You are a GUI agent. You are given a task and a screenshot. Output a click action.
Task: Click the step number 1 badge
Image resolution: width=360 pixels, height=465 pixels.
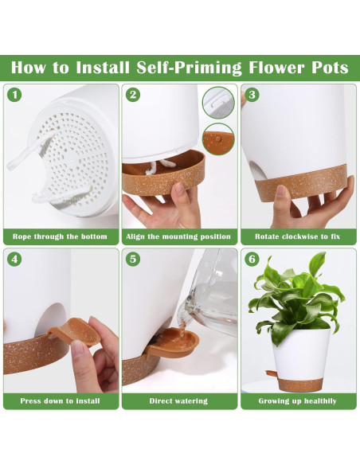pyautogui.click(x=14, y=95)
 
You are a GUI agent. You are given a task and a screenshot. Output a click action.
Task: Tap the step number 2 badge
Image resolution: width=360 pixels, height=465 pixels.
pyautogui.click(x=133, y=95)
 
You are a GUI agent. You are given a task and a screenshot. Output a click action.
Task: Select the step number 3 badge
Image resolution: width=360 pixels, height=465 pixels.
pyautogui.click(x=252, y=95)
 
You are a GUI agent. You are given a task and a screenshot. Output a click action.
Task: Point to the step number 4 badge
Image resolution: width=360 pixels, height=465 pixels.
pyautogui.click(x=14, y=260)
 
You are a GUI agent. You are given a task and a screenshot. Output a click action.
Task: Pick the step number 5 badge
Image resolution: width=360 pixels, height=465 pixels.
pyautogui.click(x=133, y=260)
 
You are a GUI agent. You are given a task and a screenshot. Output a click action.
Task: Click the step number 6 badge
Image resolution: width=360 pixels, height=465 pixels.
pyautogui.click(x=252, y=260)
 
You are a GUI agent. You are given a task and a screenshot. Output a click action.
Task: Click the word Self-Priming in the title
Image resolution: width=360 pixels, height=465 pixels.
pyautogui.click(x=190, y=68)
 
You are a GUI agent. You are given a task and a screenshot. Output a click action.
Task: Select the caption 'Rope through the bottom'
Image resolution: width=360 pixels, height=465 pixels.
pyautogui.click(x=60, y=236)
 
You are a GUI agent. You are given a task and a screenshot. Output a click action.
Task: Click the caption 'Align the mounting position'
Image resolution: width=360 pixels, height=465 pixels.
pyautogui.click(x=178, y=236)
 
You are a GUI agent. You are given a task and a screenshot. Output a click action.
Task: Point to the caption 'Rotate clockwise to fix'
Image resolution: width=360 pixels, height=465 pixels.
pyautogui.click(x=297, y=236)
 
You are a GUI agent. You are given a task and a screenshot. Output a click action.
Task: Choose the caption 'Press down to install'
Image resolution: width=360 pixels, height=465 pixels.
pyautogui.click(x=60, y=401)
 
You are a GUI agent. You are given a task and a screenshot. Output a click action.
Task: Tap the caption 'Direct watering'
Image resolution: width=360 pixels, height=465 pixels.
pyautogui.click(x=178, y=401)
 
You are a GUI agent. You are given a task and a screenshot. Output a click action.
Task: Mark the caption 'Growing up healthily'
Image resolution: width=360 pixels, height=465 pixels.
pyautogui.click(x=297, y=401)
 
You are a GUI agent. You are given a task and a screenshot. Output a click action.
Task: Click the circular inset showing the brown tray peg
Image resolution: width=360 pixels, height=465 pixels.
pyautogui.click(x=218, y=139)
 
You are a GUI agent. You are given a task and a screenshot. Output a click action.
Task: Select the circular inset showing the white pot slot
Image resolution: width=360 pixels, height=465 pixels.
pyautogui.click(x=218, y=102)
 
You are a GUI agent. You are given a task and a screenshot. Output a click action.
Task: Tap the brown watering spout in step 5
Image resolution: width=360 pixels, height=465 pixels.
pyautogui.click(x=172, y=342)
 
